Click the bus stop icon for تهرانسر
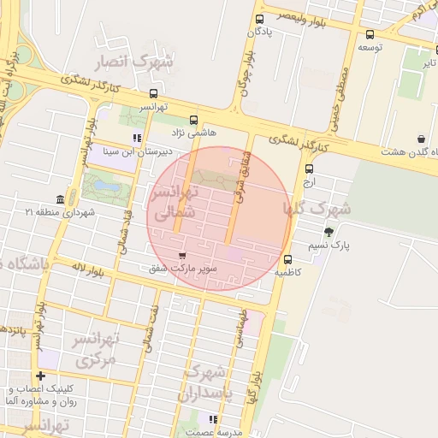153,93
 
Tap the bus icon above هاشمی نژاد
194,121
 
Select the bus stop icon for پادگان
259,19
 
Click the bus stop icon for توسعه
370,35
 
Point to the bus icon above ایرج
309,169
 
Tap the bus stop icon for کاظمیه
287,259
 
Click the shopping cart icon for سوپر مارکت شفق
181,256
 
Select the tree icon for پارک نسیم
329,232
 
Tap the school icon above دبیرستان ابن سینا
136,138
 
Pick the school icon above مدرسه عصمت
213,419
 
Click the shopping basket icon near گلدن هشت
421,139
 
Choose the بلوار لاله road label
89,270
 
